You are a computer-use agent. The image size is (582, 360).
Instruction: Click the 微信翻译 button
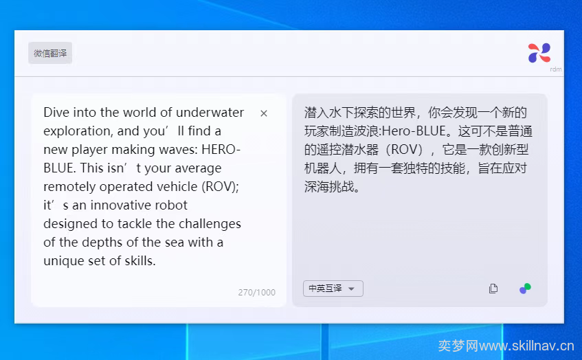click(50, 53)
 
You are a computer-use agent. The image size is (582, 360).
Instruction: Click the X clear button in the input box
click(264, 113)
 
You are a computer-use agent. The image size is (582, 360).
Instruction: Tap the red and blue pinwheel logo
click(539, 53)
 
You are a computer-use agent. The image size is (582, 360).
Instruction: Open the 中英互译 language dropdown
click(333, 289)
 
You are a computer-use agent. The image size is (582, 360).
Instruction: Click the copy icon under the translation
click(493, 289)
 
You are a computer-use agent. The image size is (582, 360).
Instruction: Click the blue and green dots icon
click(525, 289)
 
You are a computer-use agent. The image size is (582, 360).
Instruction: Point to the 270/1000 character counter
click(257, 293)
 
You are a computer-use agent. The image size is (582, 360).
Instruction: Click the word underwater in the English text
click(210, 112)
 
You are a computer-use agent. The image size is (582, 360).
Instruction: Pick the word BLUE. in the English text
click(60, 168)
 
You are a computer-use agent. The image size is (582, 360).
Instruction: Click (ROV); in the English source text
click(220, 187)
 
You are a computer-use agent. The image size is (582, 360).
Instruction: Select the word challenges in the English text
click(210, 224)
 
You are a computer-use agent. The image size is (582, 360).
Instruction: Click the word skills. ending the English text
click(140, 261)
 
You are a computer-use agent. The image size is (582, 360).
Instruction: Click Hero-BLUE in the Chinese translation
click(414, 131)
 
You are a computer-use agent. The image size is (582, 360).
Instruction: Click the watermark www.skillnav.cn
click(526, 346)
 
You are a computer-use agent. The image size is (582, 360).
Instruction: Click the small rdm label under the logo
click(556, 69)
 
